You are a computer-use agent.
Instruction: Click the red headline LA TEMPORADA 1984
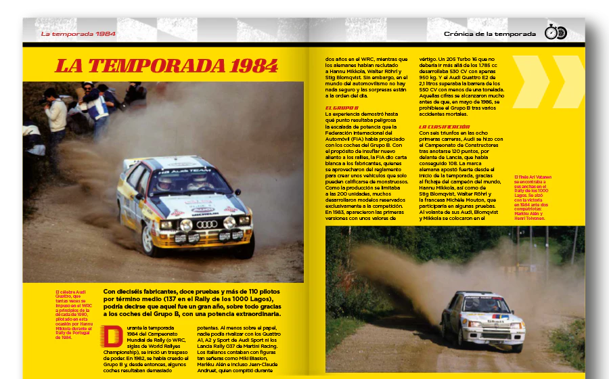[166, 66]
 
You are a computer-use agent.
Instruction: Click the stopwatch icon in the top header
[551, 32]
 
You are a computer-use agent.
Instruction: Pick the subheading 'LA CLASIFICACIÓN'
[444, 127]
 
